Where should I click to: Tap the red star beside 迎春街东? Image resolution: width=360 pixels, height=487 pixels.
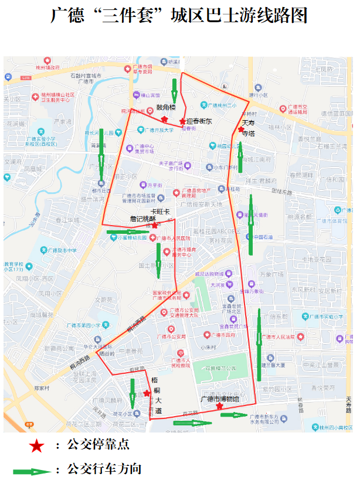[182, 121]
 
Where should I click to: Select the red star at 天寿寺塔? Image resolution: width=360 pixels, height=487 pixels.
[241, 129]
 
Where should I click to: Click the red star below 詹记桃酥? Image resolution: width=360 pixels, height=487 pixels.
[154, 225]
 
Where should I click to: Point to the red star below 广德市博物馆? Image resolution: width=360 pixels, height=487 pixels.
[219, 406]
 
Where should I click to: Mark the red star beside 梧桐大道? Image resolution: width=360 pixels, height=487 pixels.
[147, 393]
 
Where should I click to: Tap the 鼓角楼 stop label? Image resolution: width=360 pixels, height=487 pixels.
[166, 108]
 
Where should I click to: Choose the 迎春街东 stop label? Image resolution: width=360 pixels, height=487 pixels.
[199, 121]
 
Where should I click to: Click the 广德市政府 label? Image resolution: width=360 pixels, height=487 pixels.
[223, 335]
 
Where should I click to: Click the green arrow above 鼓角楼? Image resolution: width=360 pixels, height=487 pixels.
[174, 88]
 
